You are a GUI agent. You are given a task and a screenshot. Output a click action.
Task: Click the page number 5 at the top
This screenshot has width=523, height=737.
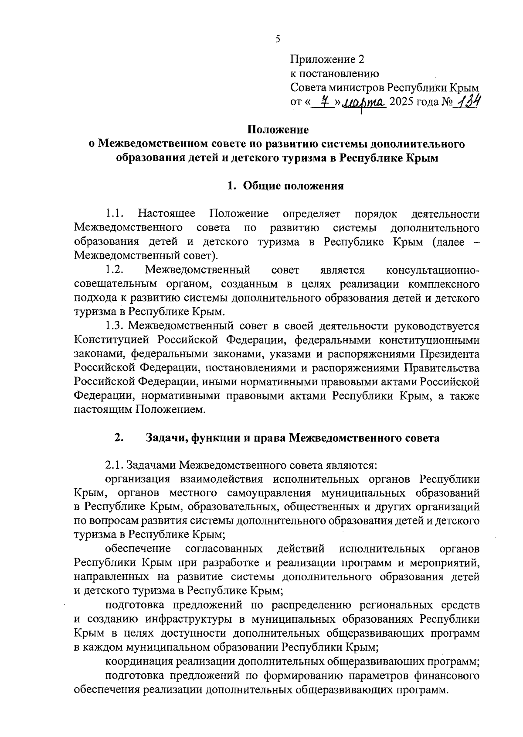pos(278,40)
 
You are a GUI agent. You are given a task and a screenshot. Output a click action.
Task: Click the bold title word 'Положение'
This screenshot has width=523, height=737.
pos(278,130)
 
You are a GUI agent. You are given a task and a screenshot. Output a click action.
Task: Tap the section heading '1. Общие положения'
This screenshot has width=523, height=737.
pos(285,186)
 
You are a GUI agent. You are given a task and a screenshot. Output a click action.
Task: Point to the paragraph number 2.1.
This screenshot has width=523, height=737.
pos(115,465)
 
